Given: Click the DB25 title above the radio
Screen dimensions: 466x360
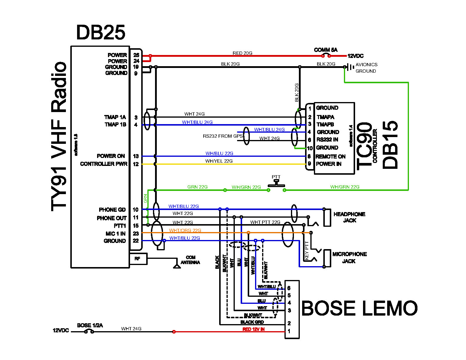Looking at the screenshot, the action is coord(101,32).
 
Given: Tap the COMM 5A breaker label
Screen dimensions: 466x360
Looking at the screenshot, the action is coord(326,50).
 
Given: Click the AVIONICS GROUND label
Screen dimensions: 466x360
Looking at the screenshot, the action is coord(366,68).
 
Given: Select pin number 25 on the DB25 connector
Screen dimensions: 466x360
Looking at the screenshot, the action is coord(137,55).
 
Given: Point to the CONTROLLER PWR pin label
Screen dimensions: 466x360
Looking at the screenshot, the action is coord(104,164).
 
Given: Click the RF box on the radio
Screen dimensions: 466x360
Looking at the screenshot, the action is coord(138,259).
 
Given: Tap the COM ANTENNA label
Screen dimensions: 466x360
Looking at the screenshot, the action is coord(190,260).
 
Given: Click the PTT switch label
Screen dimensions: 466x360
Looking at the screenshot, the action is coord(276,177).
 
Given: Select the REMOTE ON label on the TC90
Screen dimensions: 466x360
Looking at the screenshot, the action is coord(330,156).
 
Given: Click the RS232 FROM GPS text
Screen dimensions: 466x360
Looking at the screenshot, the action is coord(223,136).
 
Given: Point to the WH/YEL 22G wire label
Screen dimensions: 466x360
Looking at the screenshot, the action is coord(219,161).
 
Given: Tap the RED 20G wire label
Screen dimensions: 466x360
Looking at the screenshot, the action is coord(242,53).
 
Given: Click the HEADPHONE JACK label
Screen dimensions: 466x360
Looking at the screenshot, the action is coord(349,217).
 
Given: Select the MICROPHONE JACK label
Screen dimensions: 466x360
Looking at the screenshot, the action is coord(349,258).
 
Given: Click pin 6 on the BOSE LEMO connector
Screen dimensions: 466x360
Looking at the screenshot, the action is coord(289,288).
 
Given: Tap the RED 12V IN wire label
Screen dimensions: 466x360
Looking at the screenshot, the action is coord(254,329).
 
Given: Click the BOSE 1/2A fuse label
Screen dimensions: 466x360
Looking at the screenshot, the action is coord(90,325).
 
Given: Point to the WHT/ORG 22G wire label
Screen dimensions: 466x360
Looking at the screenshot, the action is coord(185,230).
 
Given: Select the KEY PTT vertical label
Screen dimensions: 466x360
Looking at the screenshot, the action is coord(307,250).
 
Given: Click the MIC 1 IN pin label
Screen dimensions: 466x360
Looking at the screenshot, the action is coord(115,234).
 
